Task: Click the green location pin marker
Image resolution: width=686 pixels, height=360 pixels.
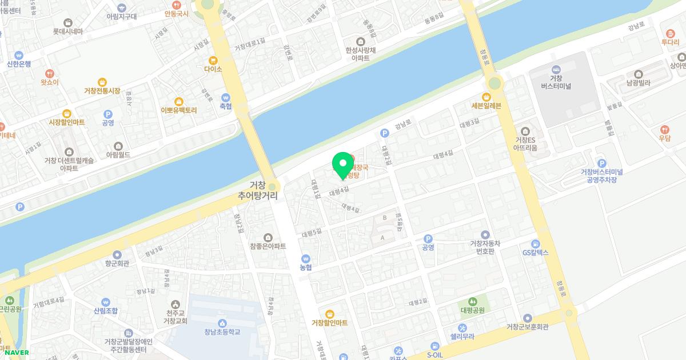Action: (x=342, y=165)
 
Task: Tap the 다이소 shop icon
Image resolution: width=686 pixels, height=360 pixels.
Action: (x=213, y=60)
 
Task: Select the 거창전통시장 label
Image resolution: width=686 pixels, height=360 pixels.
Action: (x=102, y=91)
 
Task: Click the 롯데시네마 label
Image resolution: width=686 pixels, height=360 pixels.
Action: (x=68, y=31)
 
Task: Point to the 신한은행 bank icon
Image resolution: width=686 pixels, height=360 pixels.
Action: (x=19, y=55)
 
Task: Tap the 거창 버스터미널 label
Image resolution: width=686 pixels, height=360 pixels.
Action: (x=557, y=82)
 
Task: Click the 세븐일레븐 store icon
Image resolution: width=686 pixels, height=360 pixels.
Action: (x=486, y=96)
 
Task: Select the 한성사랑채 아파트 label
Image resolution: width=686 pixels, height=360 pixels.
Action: (x=361, y=54)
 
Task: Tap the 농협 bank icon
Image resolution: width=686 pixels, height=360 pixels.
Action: (x=306, y=258)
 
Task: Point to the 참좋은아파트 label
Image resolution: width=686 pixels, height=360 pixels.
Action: (x=268, y=246)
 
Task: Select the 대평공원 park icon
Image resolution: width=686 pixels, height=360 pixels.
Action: (x=472, y=301)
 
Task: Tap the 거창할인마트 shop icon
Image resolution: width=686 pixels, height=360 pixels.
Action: (x=329, y=313)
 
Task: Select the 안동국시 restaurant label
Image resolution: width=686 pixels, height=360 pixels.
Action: (x=176, y=13)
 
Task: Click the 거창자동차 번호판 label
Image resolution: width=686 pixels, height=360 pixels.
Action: (x=485, y=247)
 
